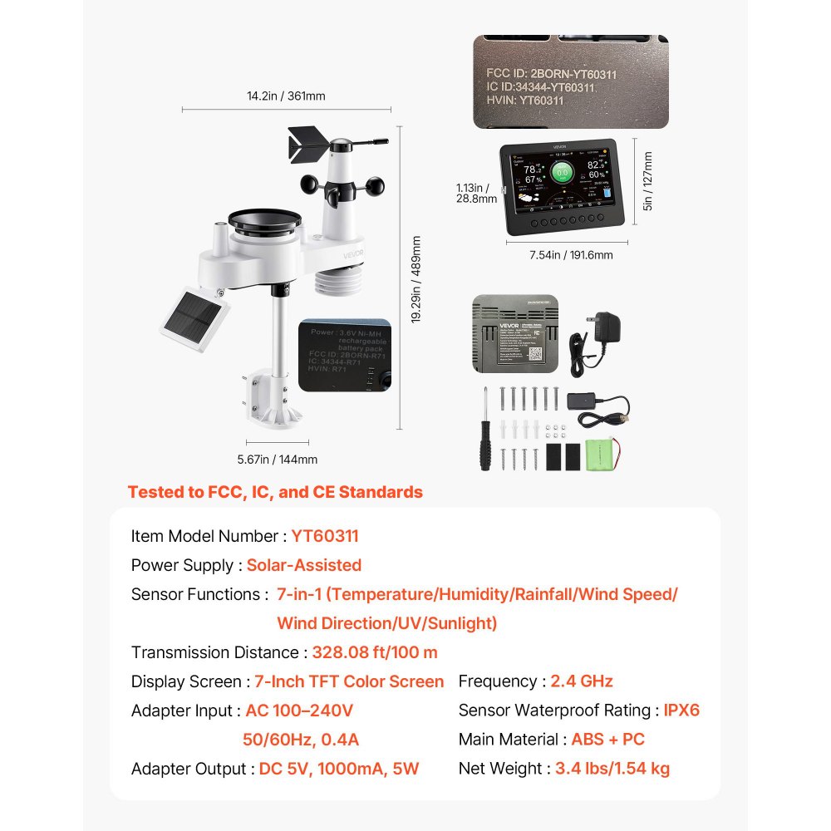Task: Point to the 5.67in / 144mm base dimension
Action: click(x=277, y=460)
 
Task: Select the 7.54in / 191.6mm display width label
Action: click(x=571, y=255)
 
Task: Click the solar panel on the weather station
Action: click(x=193, y=317)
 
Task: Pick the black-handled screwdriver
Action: click(x=484, y=432)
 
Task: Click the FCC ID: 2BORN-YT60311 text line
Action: click(x=551, y=74)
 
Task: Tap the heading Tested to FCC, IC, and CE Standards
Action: click(x=275, y=492)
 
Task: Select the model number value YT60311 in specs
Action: click(x=325, y=537)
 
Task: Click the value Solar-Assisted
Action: click(x=304, y=566)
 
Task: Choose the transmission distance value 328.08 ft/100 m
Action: click(x=375, y=653)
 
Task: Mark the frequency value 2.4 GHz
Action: click(x=582, y=682)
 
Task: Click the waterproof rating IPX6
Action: click(x=681, y=711)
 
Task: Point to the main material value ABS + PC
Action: click(x=607, y=740)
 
